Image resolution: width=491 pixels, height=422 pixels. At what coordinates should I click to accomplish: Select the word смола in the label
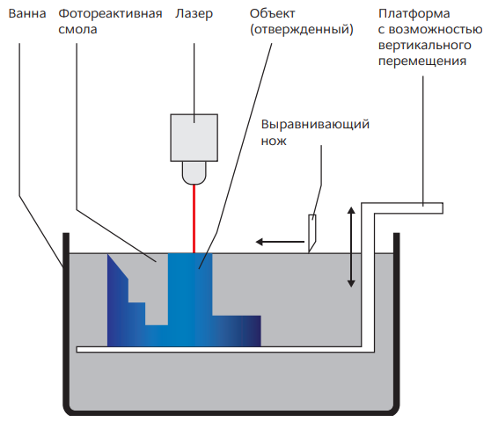coord(80,30)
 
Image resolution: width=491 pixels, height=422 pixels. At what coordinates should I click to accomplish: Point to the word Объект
coord(275,15)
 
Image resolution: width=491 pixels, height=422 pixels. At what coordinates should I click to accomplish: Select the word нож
coord(275,139)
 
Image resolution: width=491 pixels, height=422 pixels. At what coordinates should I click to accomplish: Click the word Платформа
coord(412,15)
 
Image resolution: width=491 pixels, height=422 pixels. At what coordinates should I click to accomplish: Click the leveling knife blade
coord(311,230)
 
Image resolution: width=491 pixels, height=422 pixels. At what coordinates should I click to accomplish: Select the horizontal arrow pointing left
coord(275,240)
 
